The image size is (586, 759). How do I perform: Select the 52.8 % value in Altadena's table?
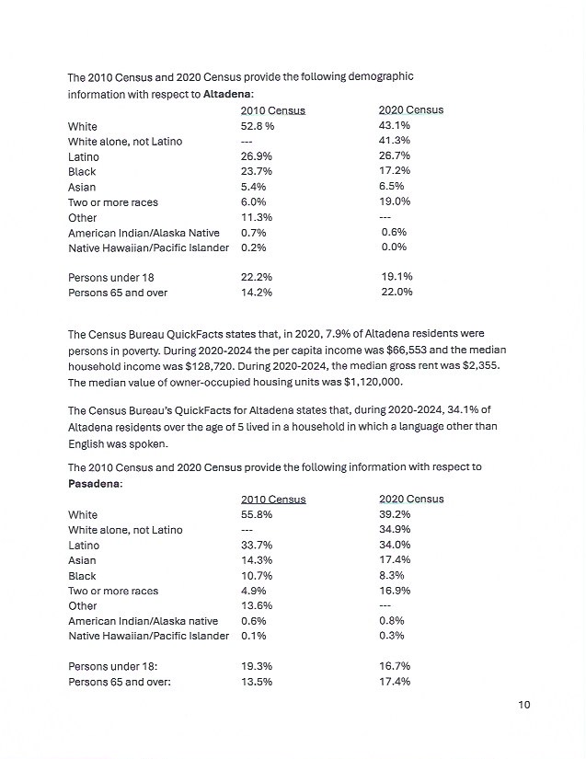click(258, 126)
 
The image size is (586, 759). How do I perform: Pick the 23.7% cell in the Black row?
click(257, 172)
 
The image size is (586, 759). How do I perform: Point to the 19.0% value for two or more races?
click(395, 201)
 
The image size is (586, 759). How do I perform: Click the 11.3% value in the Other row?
click(257, 217)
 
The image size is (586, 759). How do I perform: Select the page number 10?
click(524, 705)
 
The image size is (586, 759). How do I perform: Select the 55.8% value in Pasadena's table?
click(257, 515)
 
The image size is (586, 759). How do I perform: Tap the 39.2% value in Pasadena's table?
click(395, 515)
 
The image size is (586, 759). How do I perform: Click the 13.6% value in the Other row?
click(257, 606)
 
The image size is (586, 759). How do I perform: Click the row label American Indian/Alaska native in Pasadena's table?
click(143, 621)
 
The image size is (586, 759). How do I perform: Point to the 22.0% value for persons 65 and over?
click(396, 293)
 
